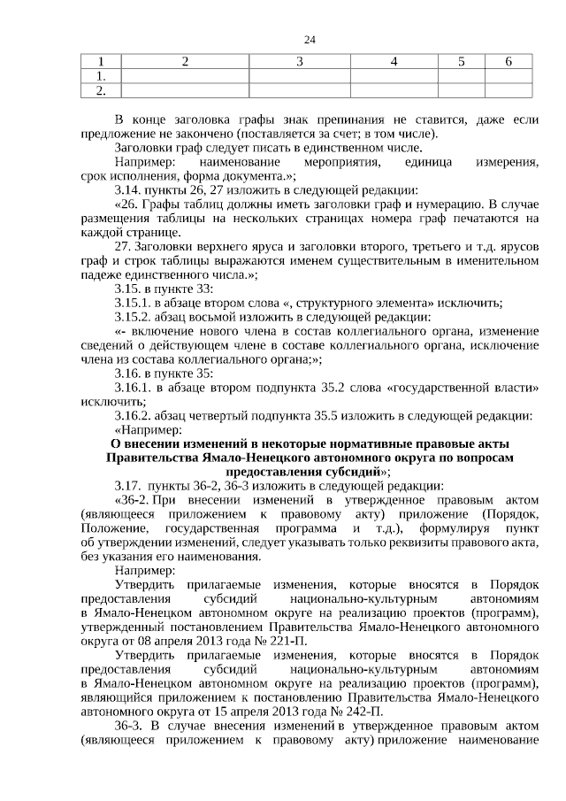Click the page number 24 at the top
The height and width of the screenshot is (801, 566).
(x=309, y=40)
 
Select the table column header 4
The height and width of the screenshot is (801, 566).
(x=394, y=62)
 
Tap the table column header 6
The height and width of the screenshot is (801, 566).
(x=509, y=62)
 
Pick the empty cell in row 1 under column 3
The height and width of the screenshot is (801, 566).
(x=300, y=76)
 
